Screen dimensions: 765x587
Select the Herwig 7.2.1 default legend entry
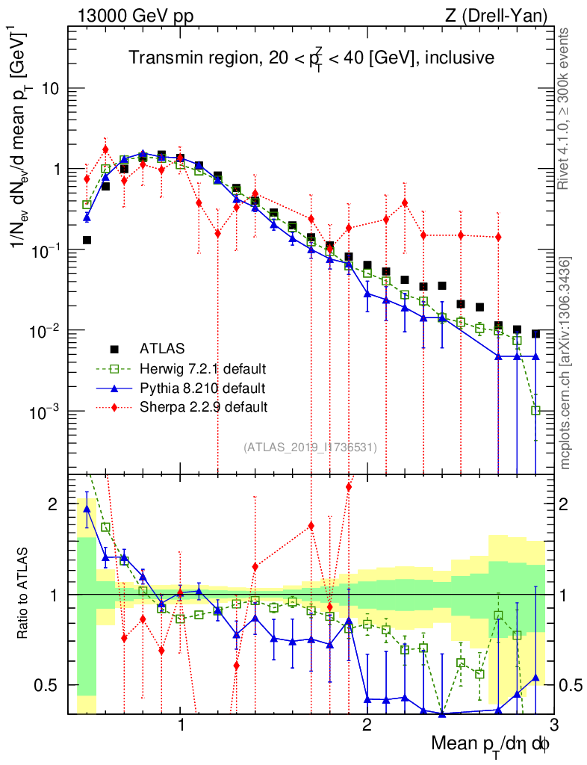click(x=202, y=368)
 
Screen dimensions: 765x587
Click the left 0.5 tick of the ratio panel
click(x=49, y=685)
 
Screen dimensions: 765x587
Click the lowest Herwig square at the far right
click(x=535, y=410)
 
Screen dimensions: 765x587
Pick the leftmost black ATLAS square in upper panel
click(x=87, y=240)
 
